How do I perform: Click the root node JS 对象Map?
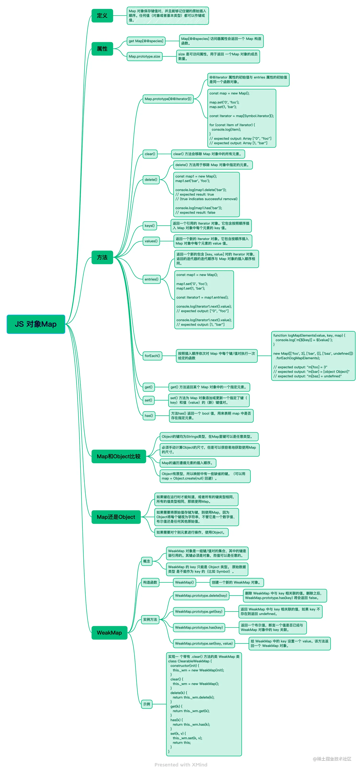(x=36, y=324)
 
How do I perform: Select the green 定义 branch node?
(x=102, y=16)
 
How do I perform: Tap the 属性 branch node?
(x=102, y=49)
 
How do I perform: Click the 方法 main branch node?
(x=102, y=257)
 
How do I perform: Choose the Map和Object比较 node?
(x=119, y=456)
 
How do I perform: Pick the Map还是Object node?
(x=116, y=517)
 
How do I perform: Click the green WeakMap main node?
(x=109, y=632)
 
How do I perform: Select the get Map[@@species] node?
(x=146, y=41)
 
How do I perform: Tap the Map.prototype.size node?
(x=144, y=56)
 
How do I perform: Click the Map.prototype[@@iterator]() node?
(x=168, y=99)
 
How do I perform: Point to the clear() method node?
(x=150, y=154)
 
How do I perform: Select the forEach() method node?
(x=152, y=356)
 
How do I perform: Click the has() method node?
(x=149, y=415)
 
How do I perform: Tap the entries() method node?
(x=151, y=279)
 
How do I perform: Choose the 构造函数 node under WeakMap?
(x=150, y=582)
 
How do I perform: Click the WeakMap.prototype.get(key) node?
(x=199, y=611)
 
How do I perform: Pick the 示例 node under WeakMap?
(x=147, y=704)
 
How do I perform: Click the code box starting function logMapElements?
(x=313, y=356)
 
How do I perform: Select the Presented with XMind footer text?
(x=181, y=765)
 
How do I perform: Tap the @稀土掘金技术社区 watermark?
(x=332, y=759)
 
